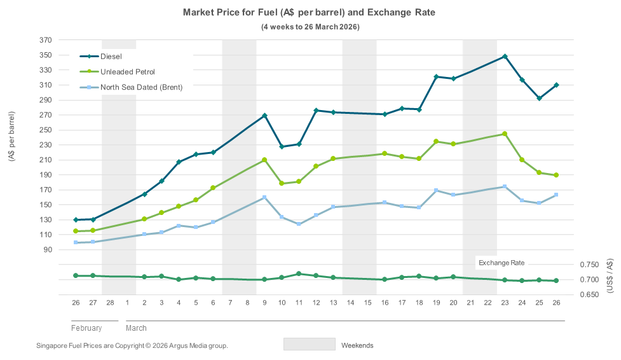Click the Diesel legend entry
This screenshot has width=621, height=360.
[111, 57]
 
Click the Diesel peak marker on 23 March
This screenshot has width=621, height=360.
[505, 57]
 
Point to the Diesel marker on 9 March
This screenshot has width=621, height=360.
[264, 116]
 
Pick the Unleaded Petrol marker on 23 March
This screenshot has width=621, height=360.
[505, 134]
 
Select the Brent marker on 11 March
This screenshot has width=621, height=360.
[299, 224]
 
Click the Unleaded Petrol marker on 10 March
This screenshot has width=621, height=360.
[282, 183]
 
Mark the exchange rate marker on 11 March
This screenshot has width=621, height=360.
[299, 273]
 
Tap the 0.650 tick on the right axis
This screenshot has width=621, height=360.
[590, 295]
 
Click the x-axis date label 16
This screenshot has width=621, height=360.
[385, 303]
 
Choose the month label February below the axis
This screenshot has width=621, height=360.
[86, 328]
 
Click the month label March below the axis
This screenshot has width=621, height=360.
[136, 328]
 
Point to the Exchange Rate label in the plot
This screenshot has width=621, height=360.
[502, 263]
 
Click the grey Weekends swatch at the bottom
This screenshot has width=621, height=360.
[309, 344]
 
